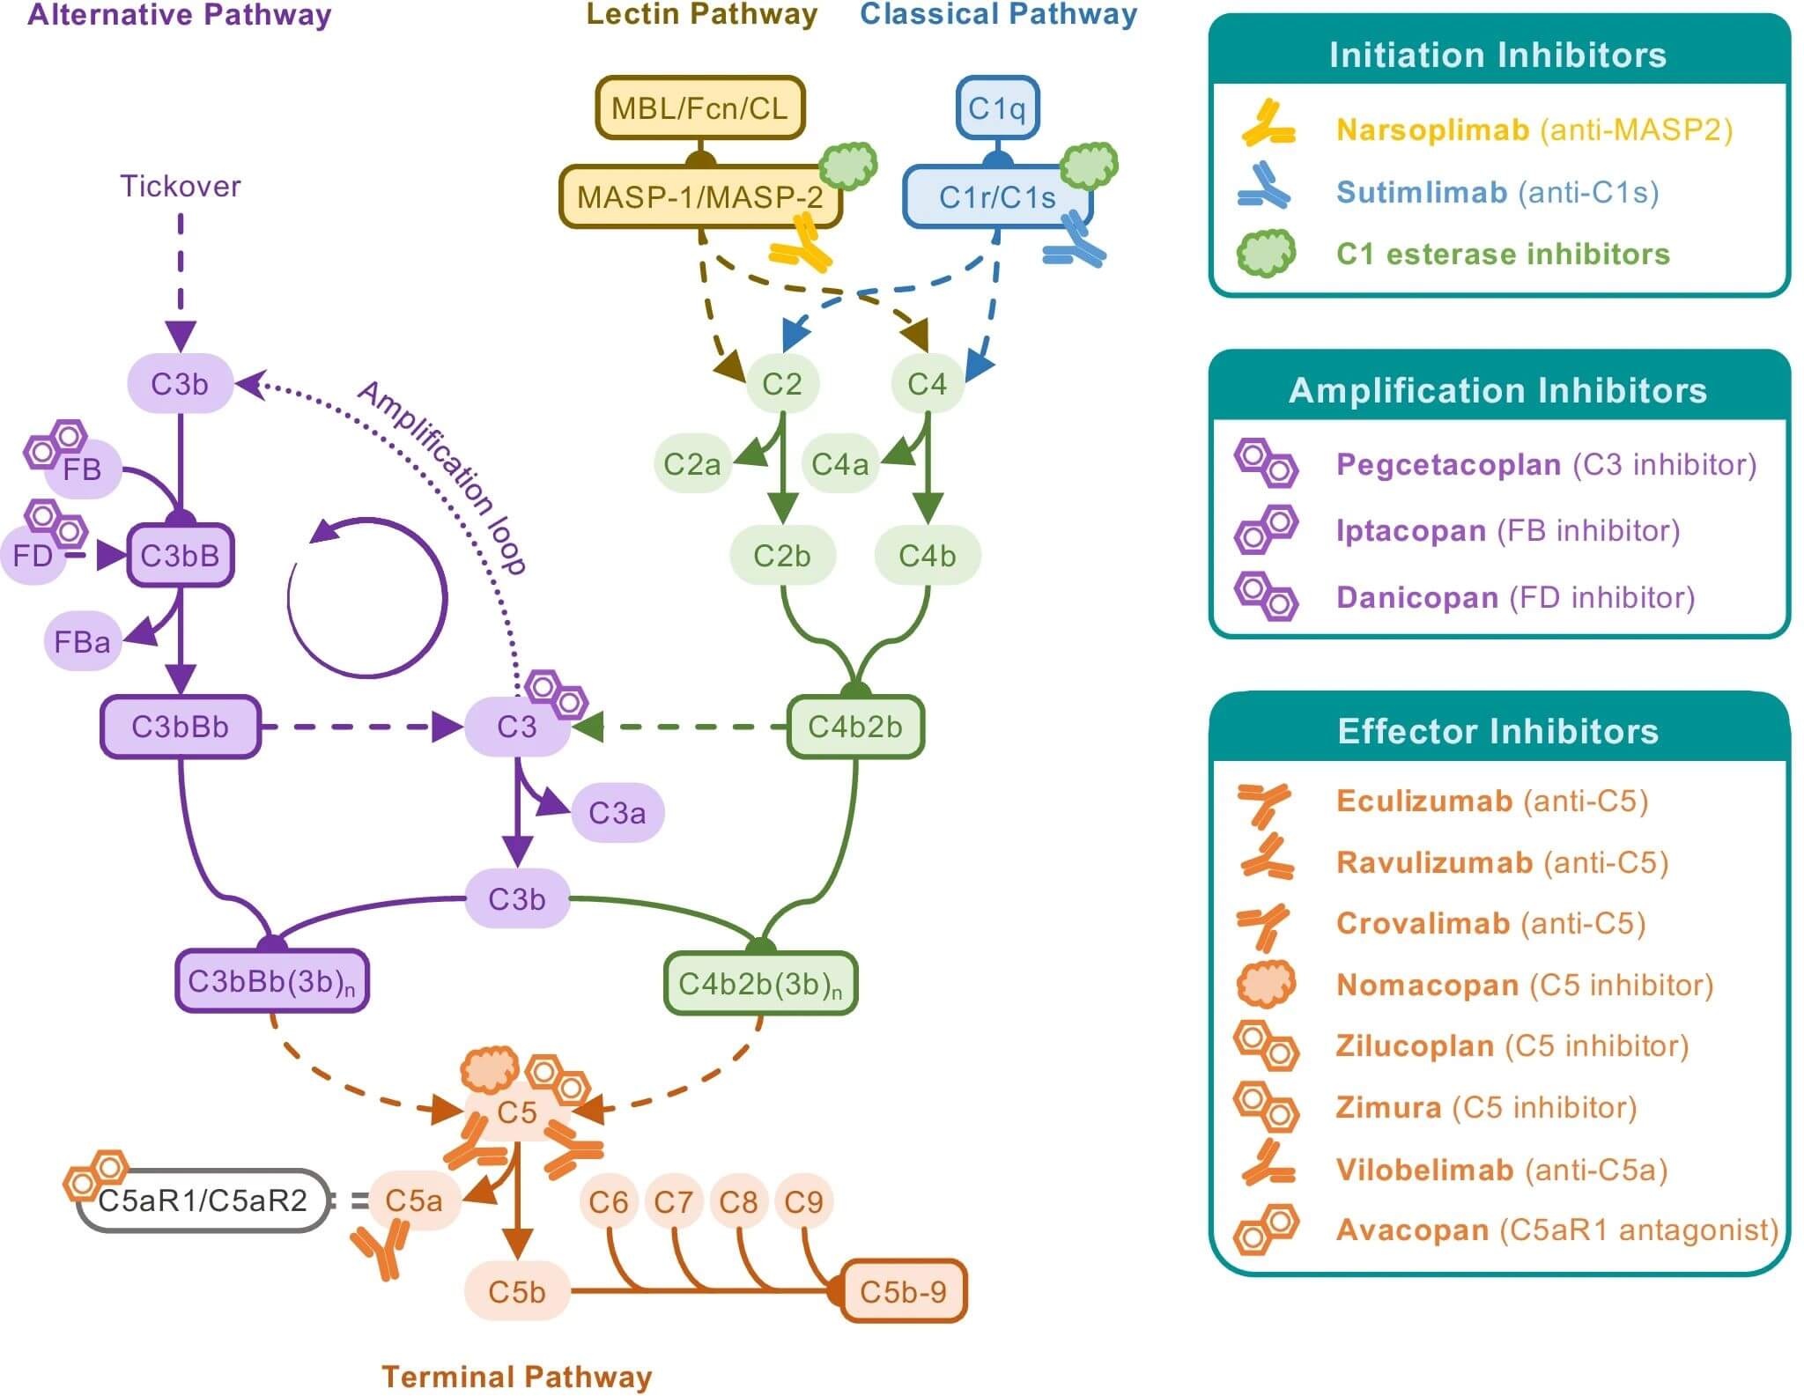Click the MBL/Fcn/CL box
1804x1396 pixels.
click(x=700, y=108)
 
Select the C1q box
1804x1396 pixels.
click(x=997, y=108)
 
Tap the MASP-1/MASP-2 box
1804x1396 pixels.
click(x=700, y=197)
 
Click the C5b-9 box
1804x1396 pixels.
click(x=903, y=1292)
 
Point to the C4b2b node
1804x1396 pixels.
click(x=854, y=727)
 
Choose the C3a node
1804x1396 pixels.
click(x=617, y=812)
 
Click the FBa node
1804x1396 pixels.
click(x=82, y=641)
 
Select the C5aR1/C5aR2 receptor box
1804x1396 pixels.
click(x=203, y=1200)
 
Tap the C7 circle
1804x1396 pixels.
click(x=673, y=1201)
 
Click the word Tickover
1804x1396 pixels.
click(x=181, y=186)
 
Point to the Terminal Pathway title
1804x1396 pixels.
click(x=516, y=1377)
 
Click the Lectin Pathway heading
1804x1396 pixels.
click(x=702, y=14)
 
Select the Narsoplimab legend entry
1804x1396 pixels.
click(x=1432, y=129)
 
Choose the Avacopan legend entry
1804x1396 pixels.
click(x=1412, y=1230)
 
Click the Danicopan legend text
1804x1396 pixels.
click(x=1416, y=597)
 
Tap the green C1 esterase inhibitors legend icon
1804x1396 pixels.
click(x=1266, y=254)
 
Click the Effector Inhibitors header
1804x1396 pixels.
click(x=1497, y=731)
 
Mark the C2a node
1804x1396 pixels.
click(x=691, y=463)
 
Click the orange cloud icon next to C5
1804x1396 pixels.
click(x=490, y=1069)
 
